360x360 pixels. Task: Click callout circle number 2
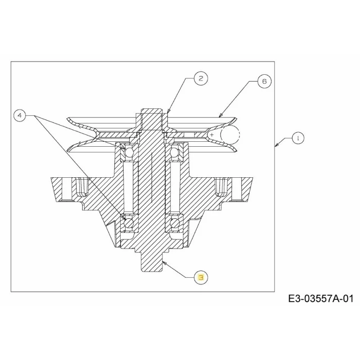click(x=201, y=78)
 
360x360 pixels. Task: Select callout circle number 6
click(x=265, y=81)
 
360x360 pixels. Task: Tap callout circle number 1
click(x=298, y=138)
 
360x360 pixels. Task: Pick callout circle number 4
click(x=20, y=115)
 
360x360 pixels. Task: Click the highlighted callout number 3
click(x=201, y=278)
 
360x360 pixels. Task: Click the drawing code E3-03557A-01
click(x=321, y=299)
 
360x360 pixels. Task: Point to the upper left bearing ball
click(x=129, y=152)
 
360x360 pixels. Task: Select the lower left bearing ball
click(x=129, y=222)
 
